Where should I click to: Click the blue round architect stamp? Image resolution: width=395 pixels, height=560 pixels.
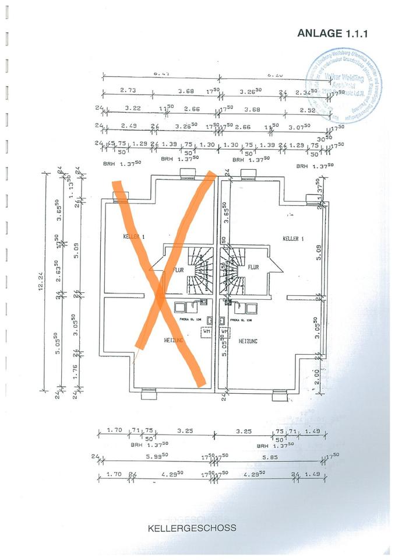tap(343, 86)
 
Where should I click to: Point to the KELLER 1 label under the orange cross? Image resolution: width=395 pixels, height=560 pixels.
tap(133, 236)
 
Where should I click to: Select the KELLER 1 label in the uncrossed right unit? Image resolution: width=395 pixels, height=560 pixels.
tap(293, 239)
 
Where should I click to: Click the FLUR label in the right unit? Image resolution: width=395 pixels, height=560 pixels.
tap(253, 267)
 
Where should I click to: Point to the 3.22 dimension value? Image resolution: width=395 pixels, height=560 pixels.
tap(133, 108)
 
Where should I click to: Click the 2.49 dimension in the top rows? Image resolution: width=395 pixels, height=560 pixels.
tap(128, 126)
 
